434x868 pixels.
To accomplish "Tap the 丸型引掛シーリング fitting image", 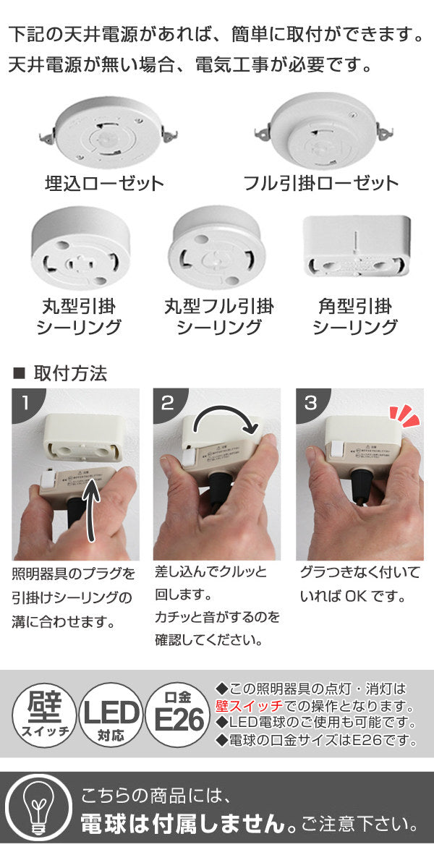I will point(79,250).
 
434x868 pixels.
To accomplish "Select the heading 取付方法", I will point(70,374).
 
